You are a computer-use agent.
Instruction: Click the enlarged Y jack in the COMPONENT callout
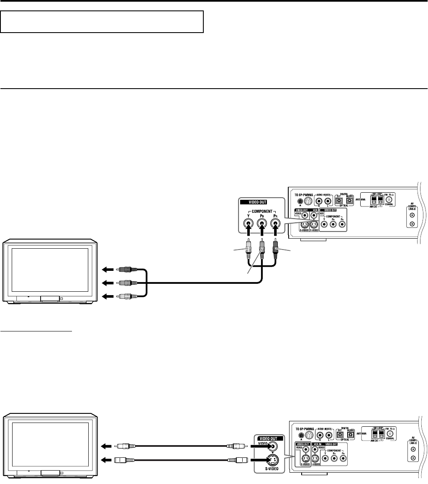[248, 221]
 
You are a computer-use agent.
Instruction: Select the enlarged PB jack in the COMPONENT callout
[262, 221]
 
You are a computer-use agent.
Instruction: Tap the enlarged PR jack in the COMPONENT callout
[275, 221]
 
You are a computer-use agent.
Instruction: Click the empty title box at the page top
[102, 22]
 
